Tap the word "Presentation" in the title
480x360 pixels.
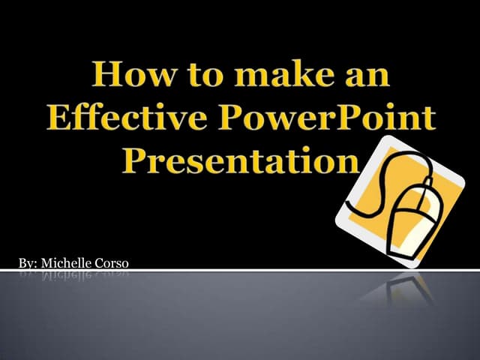pos(238,160)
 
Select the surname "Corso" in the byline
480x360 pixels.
pos(112,262)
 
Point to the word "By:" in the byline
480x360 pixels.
pos(27,262)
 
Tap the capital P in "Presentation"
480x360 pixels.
pos(136,160)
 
